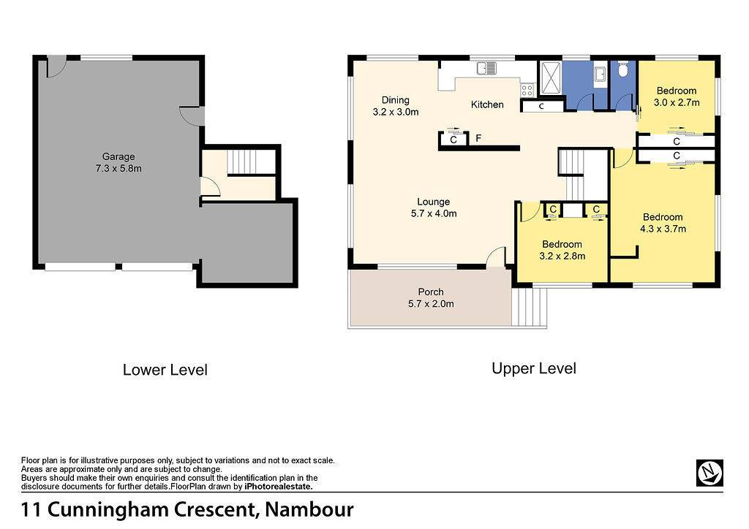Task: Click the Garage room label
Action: point(118,156)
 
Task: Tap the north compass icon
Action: point(710,473)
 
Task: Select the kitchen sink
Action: point(486,69)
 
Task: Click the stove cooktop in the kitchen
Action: point(527,90)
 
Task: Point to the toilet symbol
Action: point(622,70)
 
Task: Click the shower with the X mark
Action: point(551,78)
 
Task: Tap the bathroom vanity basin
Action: point(600,75)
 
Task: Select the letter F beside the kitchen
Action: point(478,138)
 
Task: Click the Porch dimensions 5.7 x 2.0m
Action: point(431,303)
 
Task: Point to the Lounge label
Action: point(433,202)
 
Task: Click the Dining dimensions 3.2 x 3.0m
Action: point(396,112)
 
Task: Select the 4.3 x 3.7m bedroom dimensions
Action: point(663,229)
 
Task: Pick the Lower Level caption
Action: point(165,370)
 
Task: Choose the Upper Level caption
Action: point(534,368)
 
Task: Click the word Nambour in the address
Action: point(309,509)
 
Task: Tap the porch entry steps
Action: point(529,307)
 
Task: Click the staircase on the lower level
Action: point(252,162)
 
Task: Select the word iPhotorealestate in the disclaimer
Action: point(278,487)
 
